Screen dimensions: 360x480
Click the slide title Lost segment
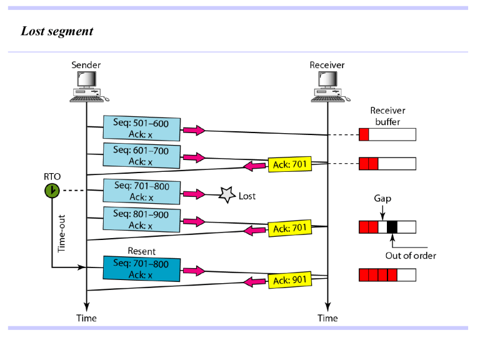(57, 31)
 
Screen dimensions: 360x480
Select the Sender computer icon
(86, 86)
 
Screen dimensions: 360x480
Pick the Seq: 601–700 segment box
(141, 156)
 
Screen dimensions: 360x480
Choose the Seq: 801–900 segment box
(141, 219)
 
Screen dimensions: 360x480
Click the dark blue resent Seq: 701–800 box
(141, 270)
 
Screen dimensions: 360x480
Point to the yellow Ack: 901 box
(289, 280)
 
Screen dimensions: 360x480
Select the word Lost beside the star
(247, 196)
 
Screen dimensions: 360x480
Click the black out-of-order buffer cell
(392, 227)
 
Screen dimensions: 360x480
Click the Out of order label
(411, 255)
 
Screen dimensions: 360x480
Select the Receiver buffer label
(387, 116)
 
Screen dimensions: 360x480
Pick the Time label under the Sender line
(86, 318)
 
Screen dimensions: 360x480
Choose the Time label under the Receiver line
(327, 318)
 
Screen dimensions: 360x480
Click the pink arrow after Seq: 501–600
(194, 130)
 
